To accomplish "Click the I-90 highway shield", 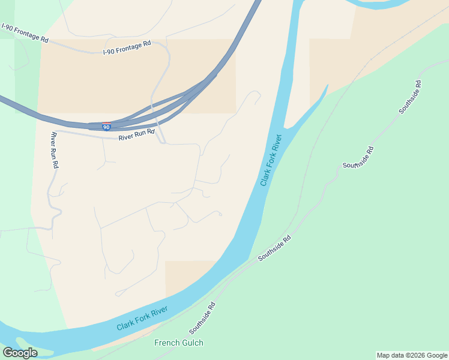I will (x=106, y=127).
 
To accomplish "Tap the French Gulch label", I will (x=179, y=343).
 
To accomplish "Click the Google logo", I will (x=20, y=352).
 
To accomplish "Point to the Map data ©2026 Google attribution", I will (x=412, y=355).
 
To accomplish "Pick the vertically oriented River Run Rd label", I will (x=55, y=150).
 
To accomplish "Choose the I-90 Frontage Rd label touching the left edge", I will (x=25, y=33).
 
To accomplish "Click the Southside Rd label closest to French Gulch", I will (x=202, y=318).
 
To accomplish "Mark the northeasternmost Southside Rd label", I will (x=410, y=97).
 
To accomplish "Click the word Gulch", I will (x=192, y=343).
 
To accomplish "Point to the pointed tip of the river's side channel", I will (x=327, y=86).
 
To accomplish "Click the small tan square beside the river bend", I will (x=187, y=275).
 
